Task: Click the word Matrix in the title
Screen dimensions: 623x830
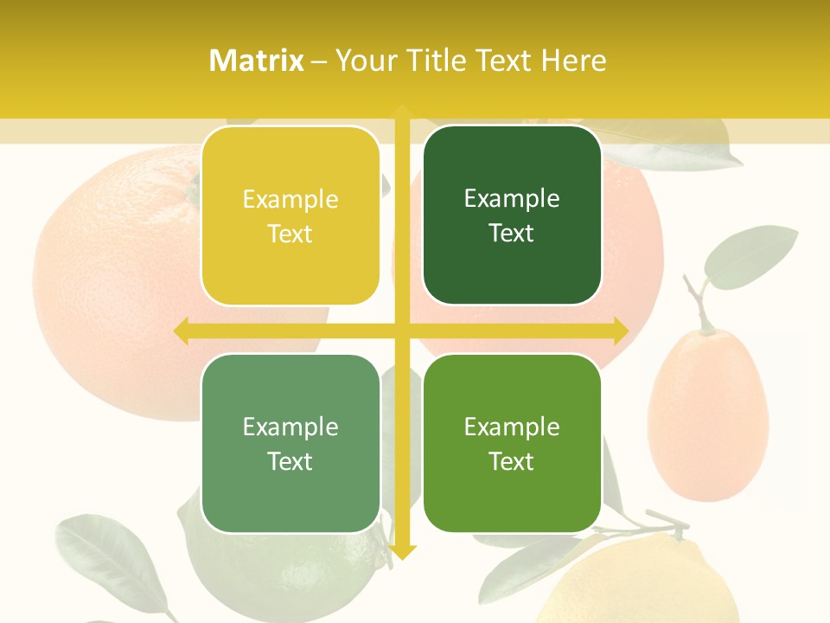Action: pyautogui.click(x=257, y=61)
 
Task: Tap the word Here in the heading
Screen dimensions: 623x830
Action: pyautogui.click(x=573, y=61)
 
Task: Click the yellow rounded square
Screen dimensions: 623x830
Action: pyautogui.click(x=290, y=216)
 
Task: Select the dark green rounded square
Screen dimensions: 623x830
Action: pyautogui.click(x=512, y=216)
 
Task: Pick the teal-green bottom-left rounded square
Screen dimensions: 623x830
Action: pyautogui.click(x=290, y=443)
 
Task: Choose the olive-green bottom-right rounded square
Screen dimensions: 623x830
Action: pyautogui.click(x=512, y=443)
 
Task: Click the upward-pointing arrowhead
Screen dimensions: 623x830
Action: pyautogui.click(x=402, y=112)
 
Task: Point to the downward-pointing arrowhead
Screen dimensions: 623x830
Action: pyautogui.click(x=402, y=552)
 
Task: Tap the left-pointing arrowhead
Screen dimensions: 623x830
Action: pyautogui.click(x=182, y=331)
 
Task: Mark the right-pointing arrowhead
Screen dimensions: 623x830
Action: pyautogui.click(x=620, y=331)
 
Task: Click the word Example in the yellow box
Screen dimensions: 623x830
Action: pyautogui.click(x=290, y=200)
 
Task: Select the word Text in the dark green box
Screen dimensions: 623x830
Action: pyautogui.click(x=512, y=234)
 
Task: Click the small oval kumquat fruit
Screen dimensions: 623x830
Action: pyautogui.click(x=707, y=415)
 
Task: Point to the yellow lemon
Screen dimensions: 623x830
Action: pyautogui.click(x=640, y=584)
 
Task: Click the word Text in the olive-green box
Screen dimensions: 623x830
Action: pyautogui.click(x=512, y=461)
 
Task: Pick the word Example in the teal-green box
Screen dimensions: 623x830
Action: pyautogui.click(x=290, y=427)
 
